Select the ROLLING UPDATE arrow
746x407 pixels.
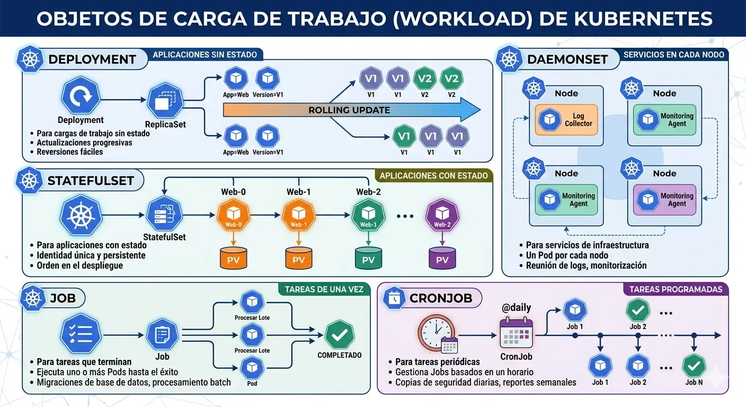(350, 110)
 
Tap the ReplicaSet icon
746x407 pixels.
(165, 100)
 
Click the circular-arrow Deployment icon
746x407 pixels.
(81, 95)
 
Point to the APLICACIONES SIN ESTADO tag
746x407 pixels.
(205, 55)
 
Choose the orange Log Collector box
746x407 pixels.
(566, 120)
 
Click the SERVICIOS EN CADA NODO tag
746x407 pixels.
(673, 55)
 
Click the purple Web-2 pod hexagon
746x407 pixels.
(442, 216)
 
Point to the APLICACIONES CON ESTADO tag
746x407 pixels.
(433, 175)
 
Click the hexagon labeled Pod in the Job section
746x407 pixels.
(252, 367)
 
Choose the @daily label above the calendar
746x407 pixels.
(516, 307)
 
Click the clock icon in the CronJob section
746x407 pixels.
(436, 332)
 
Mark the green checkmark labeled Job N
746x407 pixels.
(694, 366)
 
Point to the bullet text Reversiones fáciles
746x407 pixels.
(69, 152)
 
